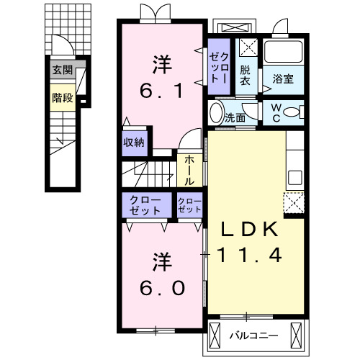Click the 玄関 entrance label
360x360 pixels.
click(x=63, y=71)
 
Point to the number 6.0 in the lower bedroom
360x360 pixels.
click(x=163, y=287)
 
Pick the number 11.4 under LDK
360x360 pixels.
click(x=248, y=254)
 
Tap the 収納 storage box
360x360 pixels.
click(x=134, y=143)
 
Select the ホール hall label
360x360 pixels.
click(x=189, y=170)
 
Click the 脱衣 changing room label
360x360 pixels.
click(x=246, y=75)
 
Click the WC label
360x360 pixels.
click(x=276, y=114)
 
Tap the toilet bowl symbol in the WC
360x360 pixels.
click(x=290, y=114)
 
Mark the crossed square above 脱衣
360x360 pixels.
click(x=247, y=48)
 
